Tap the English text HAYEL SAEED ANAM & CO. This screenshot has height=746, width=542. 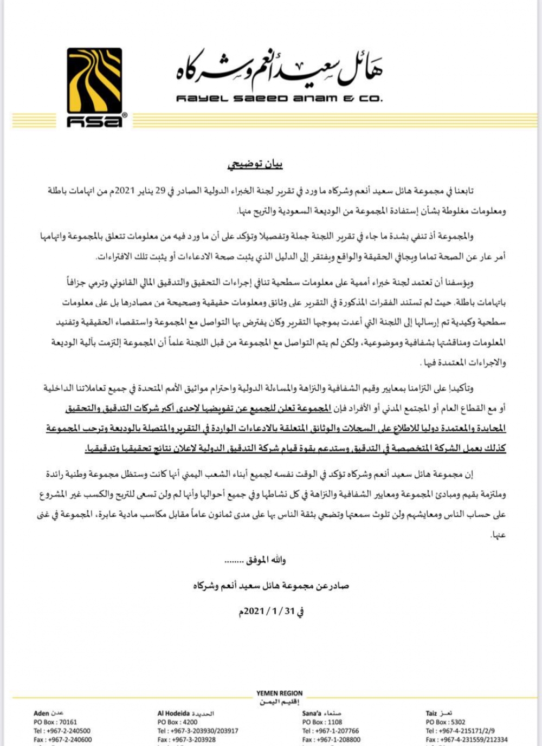[279, 99]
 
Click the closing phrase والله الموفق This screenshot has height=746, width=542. [266, 560]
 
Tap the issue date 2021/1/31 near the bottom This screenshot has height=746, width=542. [271, 611]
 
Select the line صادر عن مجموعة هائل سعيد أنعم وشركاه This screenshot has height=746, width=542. [271, 586]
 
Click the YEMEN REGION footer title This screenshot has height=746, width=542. [280, 693]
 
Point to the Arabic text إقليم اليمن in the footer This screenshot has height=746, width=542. [280, 702]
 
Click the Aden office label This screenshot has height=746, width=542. [48, 713]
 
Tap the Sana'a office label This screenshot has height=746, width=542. [321, 713]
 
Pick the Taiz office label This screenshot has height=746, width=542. [438, 713]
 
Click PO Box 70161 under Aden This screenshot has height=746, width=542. [55, 722]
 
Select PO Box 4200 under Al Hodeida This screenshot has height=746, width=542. [177, 722]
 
